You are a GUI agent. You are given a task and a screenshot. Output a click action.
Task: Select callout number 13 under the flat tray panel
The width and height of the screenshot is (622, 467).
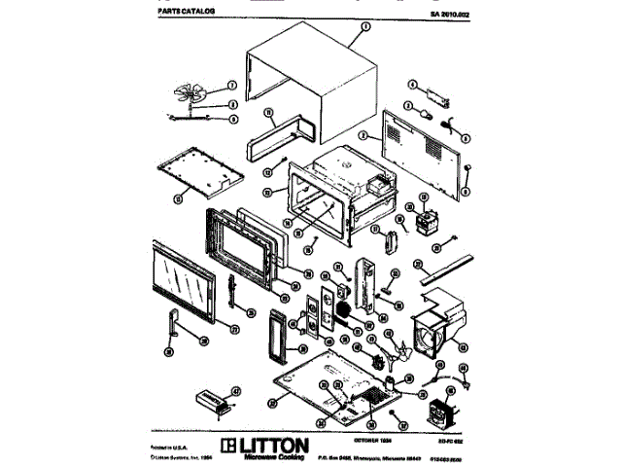click(178, 198)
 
